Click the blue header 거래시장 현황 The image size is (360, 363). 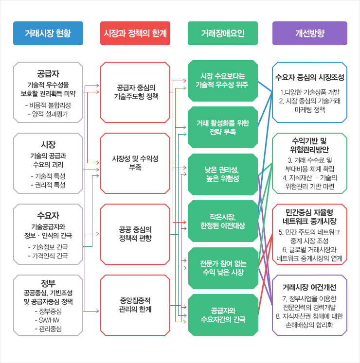[48, 34]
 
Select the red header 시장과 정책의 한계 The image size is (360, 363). [135, 34]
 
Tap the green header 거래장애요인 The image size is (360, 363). [222, 34]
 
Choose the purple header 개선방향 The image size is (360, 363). [309, 34]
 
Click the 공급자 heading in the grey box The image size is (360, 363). [48, 74]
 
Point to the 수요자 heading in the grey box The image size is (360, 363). [48, 215]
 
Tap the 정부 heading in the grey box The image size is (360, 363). [48, 283]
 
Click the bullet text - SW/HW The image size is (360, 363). [48, 320]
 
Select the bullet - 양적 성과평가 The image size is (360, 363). [48, 114]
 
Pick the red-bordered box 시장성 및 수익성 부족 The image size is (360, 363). [135, 163]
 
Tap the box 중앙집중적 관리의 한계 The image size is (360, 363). [135, 305]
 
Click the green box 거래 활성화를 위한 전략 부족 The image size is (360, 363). [222, 127]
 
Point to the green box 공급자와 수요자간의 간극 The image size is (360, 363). [222, 315]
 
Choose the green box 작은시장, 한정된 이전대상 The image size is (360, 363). [222, 221]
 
